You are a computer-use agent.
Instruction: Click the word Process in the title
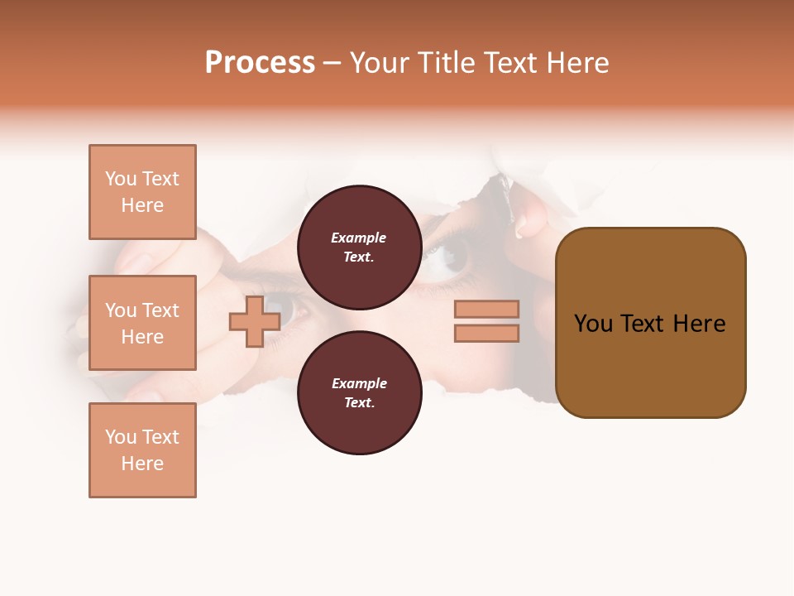point(260,63)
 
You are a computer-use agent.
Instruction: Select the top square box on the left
point(142,192)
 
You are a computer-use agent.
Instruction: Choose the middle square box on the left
point(142,323)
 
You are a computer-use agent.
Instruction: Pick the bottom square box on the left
point(142,450)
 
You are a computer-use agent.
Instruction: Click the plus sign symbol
point(255,321)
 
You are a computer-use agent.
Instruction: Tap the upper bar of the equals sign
point(486,309)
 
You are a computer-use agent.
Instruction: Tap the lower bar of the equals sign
point(486,334)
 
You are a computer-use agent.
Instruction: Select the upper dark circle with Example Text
point(359,248)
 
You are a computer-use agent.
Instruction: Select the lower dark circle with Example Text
point(359,393)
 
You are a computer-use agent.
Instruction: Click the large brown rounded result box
point(650,323)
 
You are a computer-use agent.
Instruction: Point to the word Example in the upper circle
point(359,238)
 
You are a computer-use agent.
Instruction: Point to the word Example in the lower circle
point(359,383)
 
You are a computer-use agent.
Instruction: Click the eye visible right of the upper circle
point(451,255)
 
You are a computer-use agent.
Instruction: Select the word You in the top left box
point(120,179)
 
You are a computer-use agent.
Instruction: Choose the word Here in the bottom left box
point(142,464)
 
